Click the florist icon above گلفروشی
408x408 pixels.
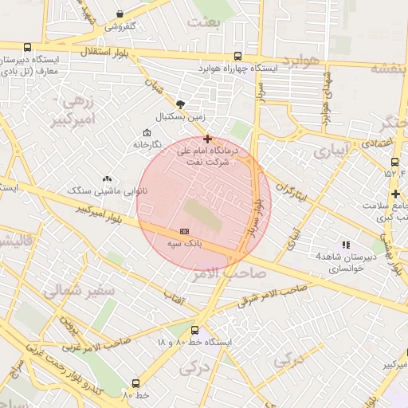[x=120, y=14]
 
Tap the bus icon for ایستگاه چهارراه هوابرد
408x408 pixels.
[x=237, y=56]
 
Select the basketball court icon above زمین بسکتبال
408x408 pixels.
[x=180, y=104]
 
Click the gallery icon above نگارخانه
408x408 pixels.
[x=146, y=132]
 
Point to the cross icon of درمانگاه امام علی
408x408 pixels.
[x=207, y=139]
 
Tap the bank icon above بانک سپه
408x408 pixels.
[x=184, y=231]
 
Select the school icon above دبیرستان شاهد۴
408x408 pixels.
[x=345, y=245]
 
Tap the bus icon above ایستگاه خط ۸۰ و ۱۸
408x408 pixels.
[x=194, y=330]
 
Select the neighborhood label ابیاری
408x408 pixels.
[x=330, y=150]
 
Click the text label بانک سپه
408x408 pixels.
[x=184, y=242]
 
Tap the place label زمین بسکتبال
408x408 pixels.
[x=180, y=116]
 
